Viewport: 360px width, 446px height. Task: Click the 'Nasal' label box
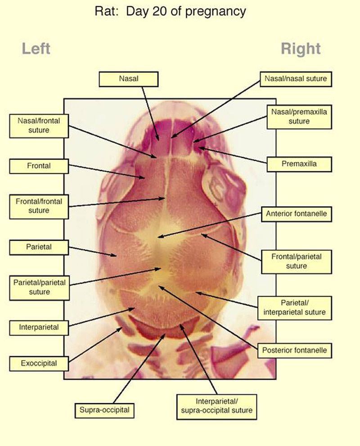click(129, 79)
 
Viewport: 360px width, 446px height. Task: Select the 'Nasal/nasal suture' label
click(296, 79)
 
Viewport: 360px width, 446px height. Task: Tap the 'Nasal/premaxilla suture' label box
click(299, 117)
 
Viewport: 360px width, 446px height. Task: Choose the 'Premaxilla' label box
click(299, 164)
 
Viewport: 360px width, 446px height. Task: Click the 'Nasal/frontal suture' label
click(39, 126)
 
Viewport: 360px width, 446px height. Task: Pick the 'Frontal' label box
click(39, 166)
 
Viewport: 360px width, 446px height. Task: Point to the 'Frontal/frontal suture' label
click(39, 207)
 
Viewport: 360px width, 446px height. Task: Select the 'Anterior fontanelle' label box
click(297, 214)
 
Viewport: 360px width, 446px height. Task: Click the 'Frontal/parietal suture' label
click(297, 261)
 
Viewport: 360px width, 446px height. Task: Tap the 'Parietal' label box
click(39, 247)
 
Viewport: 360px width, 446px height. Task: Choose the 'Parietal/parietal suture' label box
click(40, 288)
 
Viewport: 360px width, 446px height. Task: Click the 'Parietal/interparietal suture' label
click(295, 308)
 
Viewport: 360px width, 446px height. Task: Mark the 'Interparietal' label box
click(39, 328)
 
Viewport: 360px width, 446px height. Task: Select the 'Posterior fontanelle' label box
click(295, 351)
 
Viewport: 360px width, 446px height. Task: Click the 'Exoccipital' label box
click(39, 364)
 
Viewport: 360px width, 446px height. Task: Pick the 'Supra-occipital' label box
click(104, 410)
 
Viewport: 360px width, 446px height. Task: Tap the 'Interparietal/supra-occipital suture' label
click(217, 407)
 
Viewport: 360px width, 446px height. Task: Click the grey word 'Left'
click(36, 49)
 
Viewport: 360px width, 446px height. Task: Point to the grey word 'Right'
click(301, 49)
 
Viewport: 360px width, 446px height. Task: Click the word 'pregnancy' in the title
click(215, 12)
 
